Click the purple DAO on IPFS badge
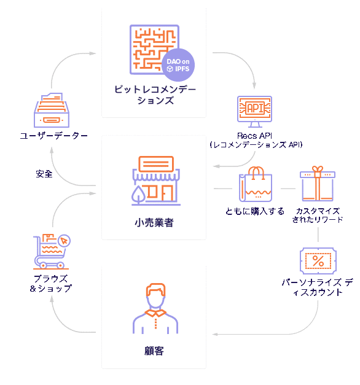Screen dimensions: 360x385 [178, 65]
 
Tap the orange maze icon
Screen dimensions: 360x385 [154, 49]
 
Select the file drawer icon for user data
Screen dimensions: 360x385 [52, 110]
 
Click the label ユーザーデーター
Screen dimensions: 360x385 [54, 136]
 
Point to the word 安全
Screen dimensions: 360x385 [44, 174]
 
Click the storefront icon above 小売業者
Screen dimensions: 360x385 [156, 181]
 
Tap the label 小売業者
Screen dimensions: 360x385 [154, 223]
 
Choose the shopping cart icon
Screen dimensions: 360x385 [52, 252]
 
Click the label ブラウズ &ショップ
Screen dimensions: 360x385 [51, 284]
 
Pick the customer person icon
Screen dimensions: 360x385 [155, 308]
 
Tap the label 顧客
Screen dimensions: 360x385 [154, 351]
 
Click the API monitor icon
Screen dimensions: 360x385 [254, 112]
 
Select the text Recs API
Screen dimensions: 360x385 [254, 136]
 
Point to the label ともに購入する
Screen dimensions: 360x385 [255, 211]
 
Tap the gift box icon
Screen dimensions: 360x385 [318, 184]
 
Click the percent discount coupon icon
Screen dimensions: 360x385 [318, 261]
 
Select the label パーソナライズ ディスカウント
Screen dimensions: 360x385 [318, 287]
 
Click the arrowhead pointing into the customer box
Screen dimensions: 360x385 [215, 334]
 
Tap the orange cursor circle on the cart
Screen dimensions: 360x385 [65, 241]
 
